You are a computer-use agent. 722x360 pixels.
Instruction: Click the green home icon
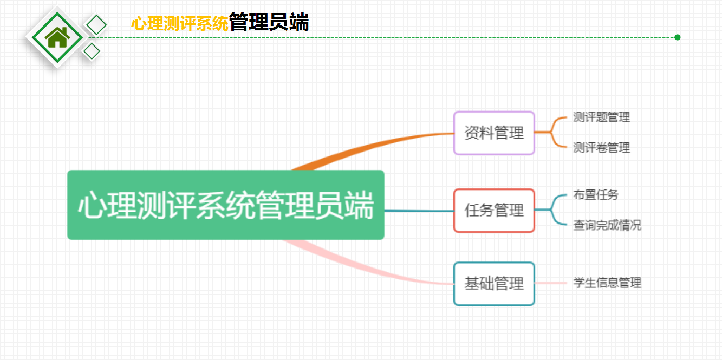[57, 37]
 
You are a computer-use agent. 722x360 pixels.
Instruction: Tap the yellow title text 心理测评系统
[180, 23]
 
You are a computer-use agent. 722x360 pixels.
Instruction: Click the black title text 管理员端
[269, 22]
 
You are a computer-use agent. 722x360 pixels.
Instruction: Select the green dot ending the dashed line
[678, 37]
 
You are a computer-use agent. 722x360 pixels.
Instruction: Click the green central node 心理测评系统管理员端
[226, 205]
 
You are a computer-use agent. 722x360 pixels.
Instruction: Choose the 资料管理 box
[494, 133]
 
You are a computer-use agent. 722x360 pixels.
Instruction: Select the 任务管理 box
[494, 211]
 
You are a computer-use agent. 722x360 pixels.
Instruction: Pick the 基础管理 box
[494, 284]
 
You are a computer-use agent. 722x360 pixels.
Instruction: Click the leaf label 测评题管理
[601, 117]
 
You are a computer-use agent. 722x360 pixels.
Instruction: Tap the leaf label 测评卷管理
[601, 148]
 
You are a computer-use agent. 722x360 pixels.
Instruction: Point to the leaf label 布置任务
[596, 195]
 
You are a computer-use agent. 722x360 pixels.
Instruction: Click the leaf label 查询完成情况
[607, 225]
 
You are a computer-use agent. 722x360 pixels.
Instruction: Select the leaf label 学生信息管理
[607, 283]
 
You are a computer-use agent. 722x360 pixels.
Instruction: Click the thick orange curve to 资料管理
[367, 145]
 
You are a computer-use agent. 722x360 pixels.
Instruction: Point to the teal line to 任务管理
[419, 211]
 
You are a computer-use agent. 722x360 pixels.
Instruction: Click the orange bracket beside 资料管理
[551, 132]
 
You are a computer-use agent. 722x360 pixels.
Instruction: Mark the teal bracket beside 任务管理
[551, 210]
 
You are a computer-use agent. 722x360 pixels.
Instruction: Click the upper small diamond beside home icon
[96, 25]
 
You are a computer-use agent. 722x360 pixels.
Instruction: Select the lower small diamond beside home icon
[92, 51]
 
